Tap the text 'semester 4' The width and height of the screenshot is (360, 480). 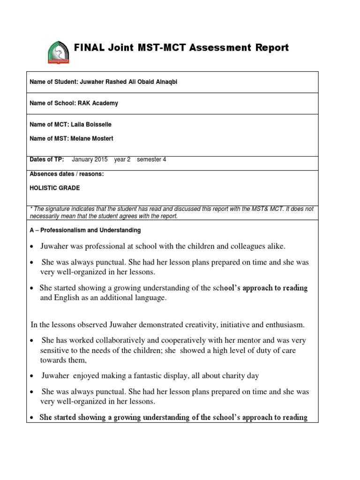coord(151,159)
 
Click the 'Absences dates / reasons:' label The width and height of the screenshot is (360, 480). coord(67,174)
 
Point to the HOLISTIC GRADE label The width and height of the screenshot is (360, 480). coord(55,187)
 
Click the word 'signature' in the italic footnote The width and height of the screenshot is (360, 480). coord(57,209)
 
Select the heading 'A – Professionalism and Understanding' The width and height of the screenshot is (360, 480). coord(85,231)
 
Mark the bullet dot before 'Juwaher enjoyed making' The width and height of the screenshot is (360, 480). coord(32,376)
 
